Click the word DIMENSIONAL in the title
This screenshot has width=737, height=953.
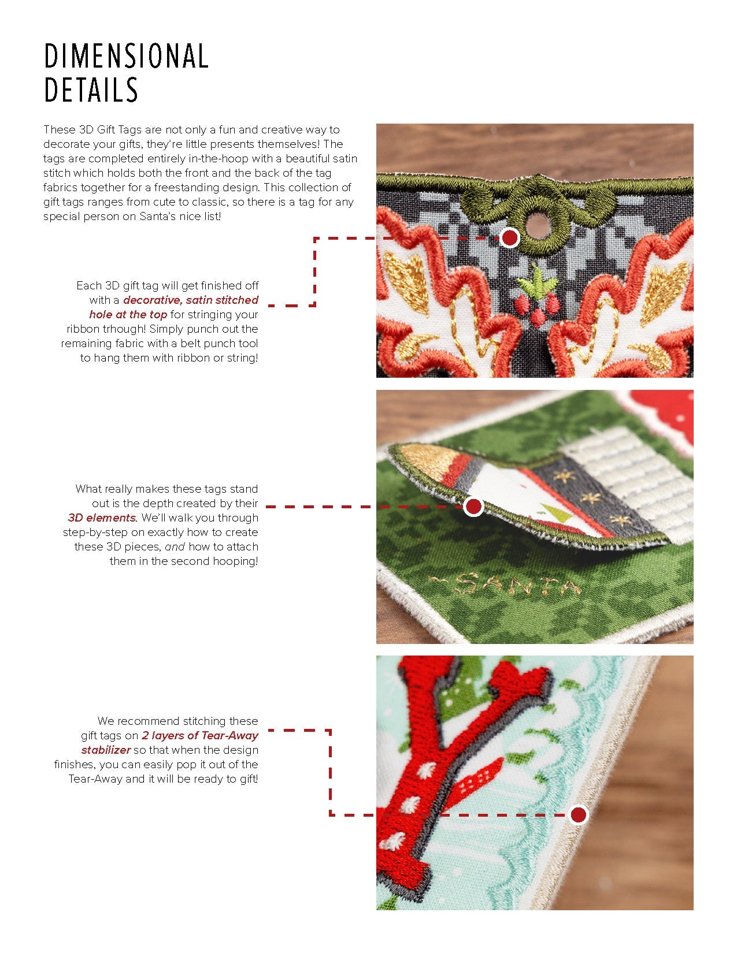click(127, 56)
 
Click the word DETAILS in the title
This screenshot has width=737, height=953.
click(91, 90)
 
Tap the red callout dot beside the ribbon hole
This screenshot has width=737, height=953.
click(510, 238)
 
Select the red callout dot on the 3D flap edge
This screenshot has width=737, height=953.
click(473, 507)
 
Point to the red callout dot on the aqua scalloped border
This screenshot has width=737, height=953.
click(578, 815)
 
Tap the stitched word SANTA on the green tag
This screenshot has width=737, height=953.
click(505, 586)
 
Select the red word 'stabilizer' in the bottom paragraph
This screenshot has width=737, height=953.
click(106, 750)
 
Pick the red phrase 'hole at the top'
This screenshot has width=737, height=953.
click(128, 314)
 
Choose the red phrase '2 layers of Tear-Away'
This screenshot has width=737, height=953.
click(200, 735)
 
